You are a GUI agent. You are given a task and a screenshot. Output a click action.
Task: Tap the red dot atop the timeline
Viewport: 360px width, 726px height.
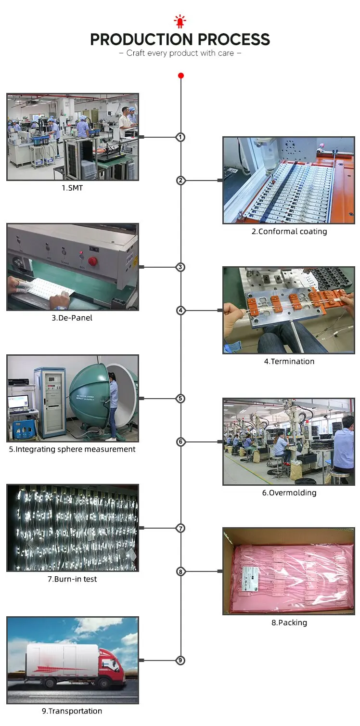(180, 76)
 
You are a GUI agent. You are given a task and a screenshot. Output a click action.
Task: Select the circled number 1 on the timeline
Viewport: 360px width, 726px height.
(180, 137)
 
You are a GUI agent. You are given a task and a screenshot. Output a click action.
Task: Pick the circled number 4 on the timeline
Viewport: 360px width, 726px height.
(180, 311)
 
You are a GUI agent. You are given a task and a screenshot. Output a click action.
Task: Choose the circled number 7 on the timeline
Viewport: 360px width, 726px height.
(180, 528)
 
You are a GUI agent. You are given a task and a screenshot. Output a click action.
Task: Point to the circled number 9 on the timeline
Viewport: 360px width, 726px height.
(180, 661)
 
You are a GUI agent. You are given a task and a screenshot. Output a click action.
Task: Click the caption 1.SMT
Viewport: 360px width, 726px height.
(72, 188)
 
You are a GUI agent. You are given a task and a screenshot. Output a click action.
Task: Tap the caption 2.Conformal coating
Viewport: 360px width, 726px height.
(289, 232)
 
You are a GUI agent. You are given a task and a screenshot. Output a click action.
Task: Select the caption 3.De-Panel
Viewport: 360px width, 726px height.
(72, 318)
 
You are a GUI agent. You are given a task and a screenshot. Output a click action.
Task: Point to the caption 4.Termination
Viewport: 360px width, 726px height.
(289, 362)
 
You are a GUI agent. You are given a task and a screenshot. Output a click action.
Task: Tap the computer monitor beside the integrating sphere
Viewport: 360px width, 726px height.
(18, 401)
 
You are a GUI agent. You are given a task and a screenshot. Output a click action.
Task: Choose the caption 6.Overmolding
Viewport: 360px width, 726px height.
(289, 493)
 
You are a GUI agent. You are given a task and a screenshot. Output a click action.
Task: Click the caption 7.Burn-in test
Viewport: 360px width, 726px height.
(72, 579)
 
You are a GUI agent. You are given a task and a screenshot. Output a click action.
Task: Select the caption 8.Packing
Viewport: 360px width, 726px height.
(289, 623)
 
